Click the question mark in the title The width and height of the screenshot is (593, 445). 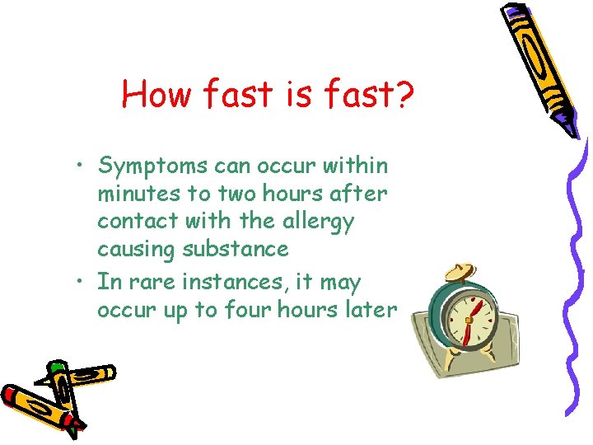click(401, 95)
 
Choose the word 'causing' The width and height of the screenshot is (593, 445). click(135, 248)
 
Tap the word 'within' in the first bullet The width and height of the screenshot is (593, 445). click(356, 166)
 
